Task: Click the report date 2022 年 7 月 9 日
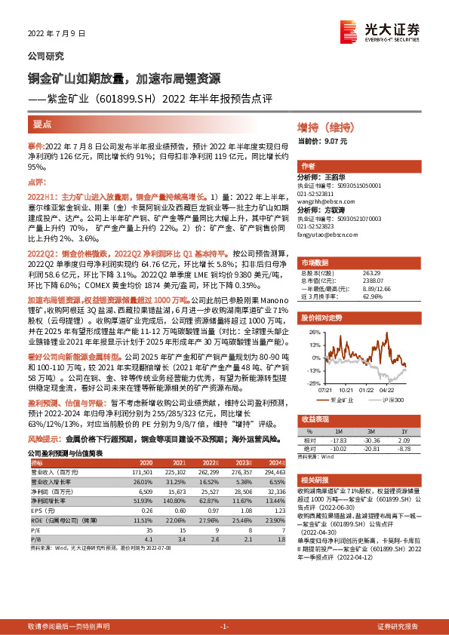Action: (57, 34)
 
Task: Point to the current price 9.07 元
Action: (332, 140)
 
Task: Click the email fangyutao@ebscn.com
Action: (325, 235)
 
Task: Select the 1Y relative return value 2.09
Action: (401, 441)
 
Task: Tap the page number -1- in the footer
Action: (224, 627)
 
